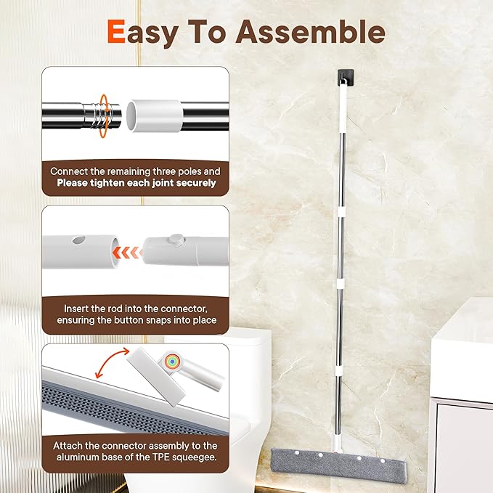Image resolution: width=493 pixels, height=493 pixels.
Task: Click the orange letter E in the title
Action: tap(120, 32)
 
